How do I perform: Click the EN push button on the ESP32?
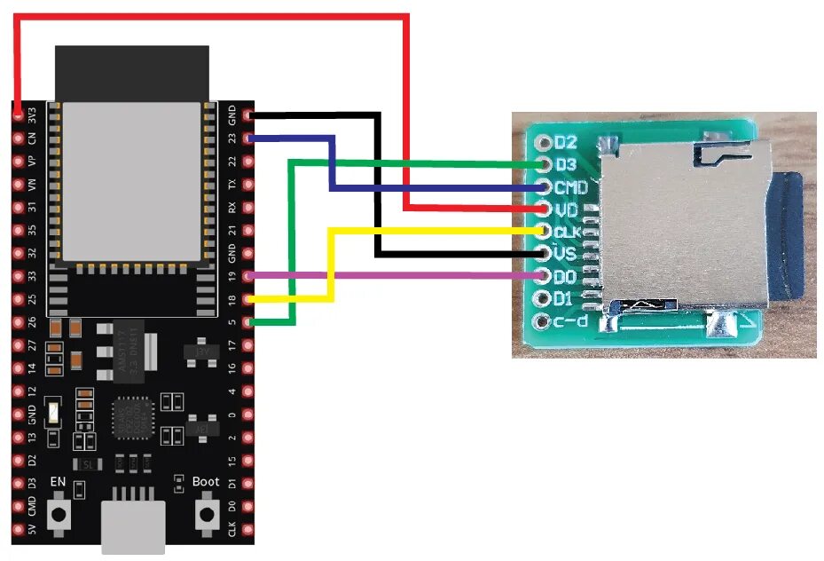59,514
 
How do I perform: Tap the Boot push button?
208,514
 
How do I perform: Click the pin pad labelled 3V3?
19,115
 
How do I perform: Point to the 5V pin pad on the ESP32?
19,532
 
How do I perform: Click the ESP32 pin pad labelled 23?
248,138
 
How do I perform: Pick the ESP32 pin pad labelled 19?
248,276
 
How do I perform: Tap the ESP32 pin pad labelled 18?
248,299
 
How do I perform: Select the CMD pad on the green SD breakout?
543,187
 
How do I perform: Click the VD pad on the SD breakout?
543,209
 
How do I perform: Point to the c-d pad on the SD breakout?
543,320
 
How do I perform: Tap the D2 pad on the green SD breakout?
543,142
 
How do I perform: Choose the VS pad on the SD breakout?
543,254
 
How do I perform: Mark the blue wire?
426,188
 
